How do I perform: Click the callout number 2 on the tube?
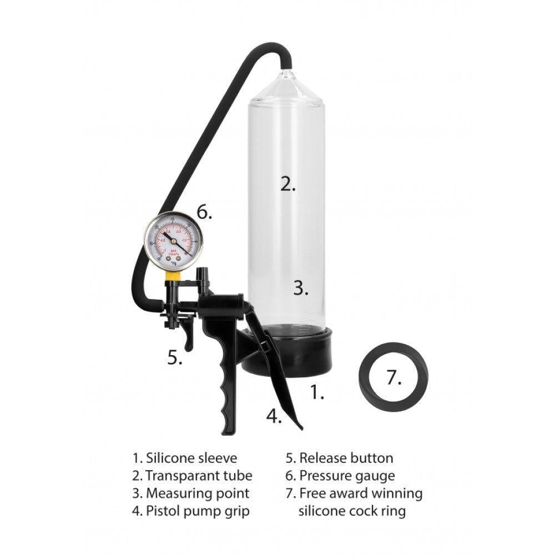287,185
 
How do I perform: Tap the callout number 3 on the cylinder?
300,288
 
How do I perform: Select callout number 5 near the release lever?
174,358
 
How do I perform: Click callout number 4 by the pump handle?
273,416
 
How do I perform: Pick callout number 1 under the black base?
316,393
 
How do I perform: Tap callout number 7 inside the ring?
393,378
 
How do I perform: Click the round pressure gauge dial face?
174,242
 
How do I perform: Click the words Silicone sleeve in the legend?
191,458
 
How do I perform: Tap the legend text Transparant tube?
199,476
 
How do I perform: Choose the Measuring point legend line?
198,493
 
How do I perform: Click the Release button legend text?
346,458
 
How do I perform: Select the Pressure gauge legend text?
347,476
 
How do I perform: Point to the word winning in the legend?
393,493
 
